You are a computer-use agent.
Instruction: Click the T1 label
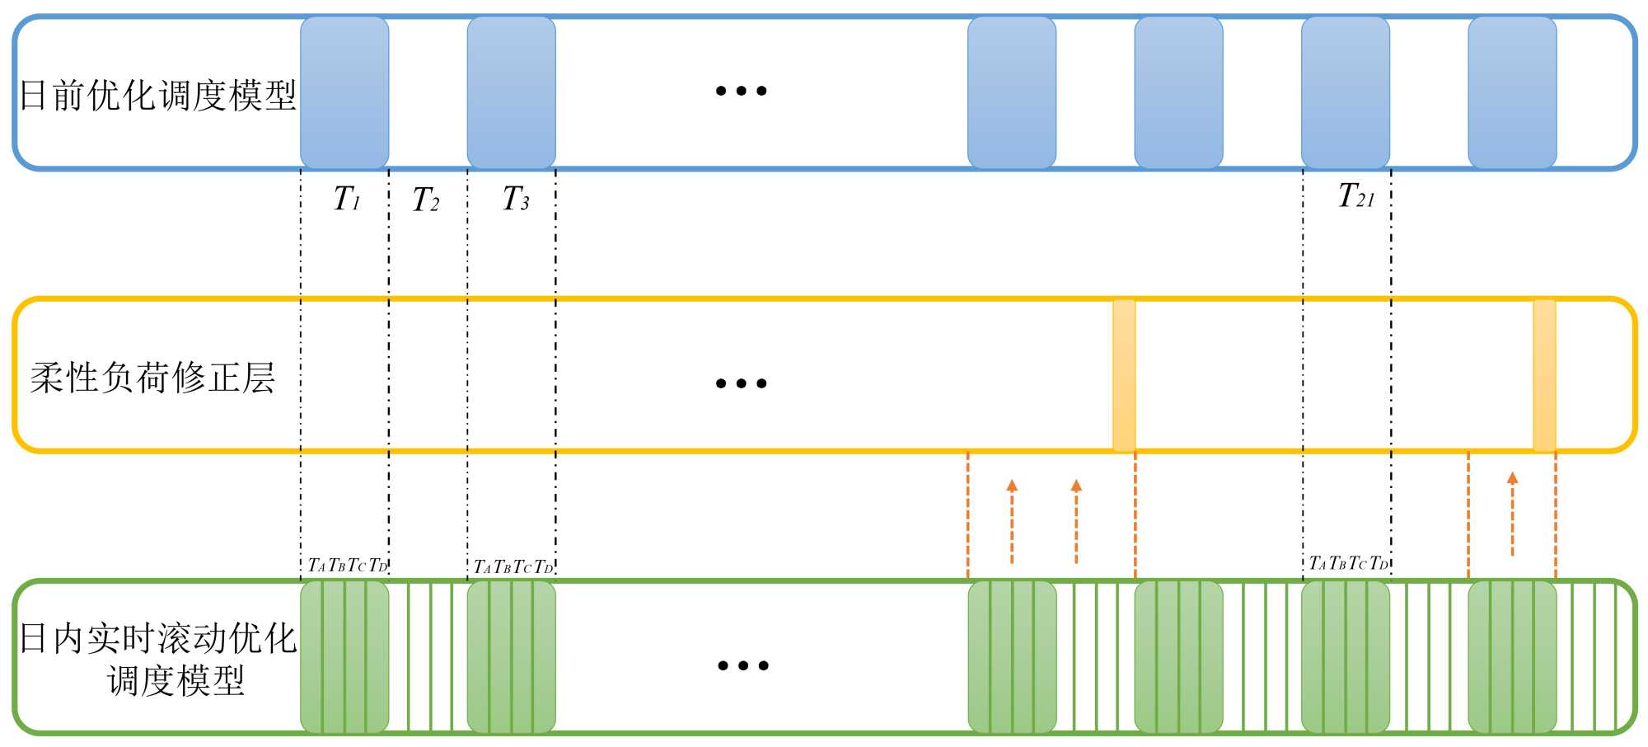pos(347,200)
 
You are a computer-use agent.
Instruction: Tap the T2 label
pos(426,200)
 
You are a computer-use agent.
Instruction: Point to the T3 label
pos(516,200)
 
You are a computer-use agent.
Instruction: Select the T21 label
pos(1356,196)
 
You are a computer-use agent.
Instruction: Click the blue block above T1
pos(344,92)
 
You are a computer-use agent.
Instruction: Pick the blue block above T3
pos(511,92)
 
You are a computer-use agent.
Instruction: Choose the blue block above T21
pos(1346,92)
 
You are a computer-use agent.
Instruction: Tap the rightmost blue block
pos(1512,92)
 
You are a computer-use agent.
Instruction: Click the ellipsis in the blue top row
pos(741,91)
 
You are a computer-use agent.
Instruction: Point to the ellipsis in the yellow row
pos(741,383)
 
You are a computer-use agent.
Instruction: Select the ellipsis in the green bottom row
pos(742,665)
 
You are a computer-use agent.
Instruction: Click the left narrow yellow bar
pos(1124,375)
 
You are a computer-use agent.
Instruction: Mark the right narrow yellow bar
pos(1544,375)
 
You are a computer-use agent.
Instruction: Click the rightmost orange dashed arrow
pos(1512,514)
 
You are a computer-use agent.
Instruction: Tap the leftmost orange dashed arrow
pos(1012,521)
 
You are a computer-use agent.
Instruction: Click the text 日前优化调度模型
pos(157,96)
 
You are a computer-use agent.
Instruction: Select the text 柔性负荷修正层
pos(152,378)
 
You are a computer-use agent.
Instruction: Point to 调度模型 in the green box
pos(176,681)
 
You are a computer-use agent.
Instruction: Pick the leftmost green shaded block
pos(344,657)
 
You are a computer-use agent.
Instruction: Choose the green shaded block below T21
pos(1346,657)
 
